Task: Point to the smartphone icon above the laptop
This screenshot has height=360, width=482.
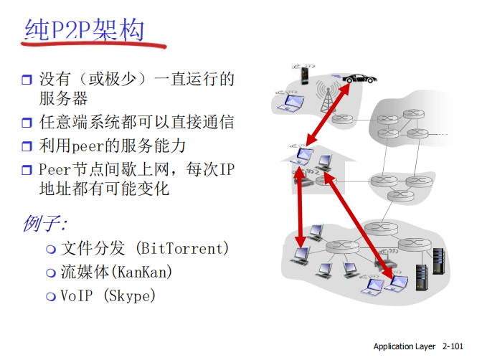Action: point(303,75)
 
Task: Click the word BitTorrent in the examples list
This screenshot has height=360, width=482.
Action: point(181,249)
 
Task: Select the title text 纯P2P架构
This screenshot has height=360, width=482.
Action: point(84,30)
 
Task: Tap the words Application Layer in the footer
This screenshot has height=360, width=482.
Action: point(405,346)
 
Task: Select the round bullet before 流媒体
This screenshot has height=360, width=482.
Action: point(50,273)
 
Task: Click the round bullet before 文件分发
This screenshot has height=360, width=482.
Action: point(50,250)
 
